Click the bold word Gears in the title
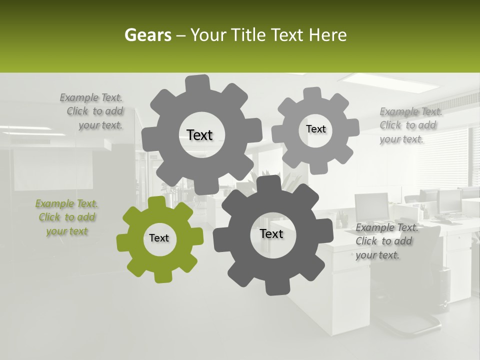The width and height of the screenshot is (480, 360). click(147, 35)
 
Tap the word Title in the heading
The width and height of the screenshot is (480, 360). click(248, 35)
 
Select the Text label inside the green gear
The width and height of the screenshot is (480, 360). click(159, 238)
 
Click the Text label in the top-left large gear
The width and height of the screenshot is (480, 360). click(199, 135)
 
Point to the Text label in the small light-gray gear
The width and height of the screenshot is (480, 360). click(316, 129)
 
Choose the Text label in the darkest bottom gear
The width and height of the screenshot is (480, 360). click(271, 234)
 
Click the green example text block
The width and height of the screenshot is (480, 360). click(66, 217)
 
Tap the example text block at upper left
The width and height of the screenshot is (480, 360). click(92, 111)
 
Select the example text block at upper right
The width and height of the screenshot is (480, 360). click(410, 125)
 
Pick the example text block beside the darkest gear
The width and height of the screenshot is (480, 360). click(386, 241)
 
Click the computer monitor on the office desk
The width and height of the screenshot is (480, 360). click(371, 205)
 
